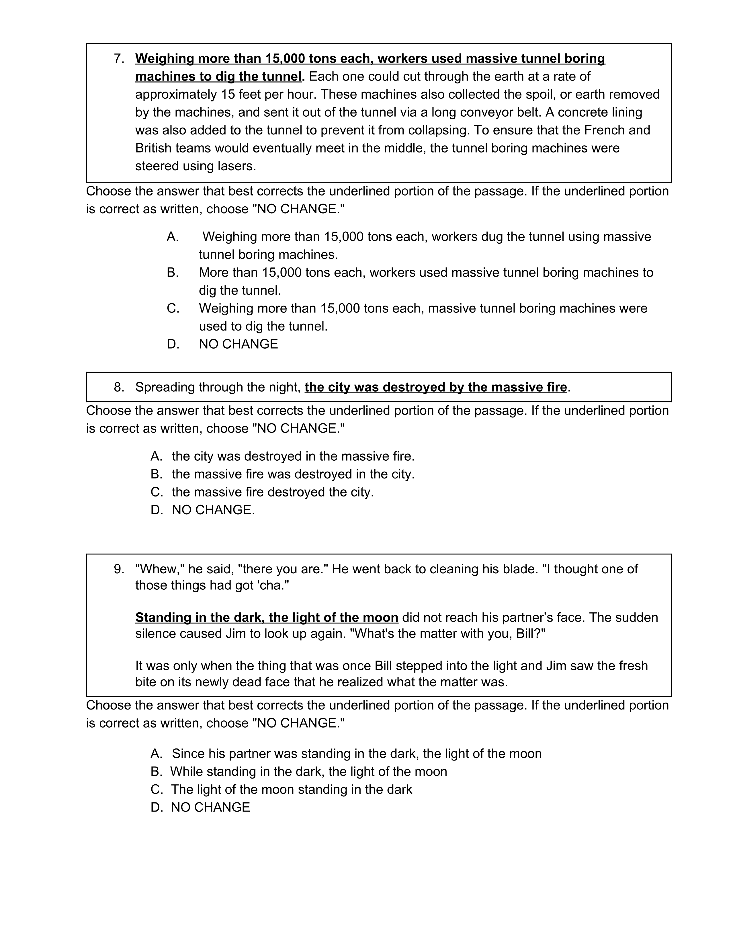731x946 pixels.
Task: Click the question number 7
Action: pyautogui.click(x=119, y=58)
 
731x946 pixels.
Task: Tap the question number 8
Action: pyautogui.click(x=119, y=387)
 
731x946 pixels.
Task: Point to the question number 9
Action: pyautogui.click(x=119, y=569)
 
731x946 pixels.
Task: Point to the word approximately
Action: pyautogui.click(x=176, y=94)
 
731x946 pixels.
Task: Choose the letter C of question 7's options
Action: pyautogui.click(x=173, y=308)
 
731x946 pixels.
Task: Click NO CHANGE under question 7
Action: pyautogui.click(x=238, y=344)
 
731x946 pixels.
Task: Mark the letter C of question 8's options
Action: pyautogui.click(x=156, y=492)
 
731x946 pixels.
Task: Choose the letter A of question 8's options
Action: pyautogui.click(x=156, y=456)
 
